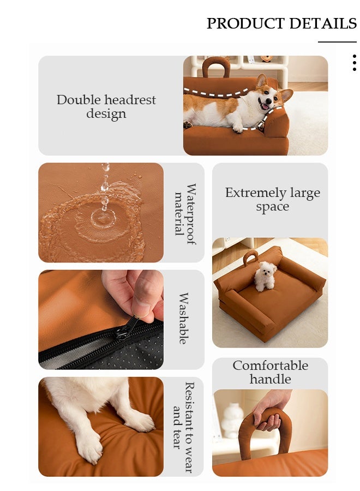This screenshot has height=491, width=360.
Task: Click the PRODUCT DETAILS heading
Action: pyautogui.click(x=281, y=23)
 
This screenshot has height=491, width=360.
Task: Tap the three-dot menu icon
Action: pyautogui.click(x=354, y=63)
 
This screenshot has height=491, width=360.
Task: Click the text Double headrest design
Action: pyautogui.click(x=106, y=107)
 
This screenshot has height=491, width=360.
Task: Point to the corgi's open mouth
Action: pyautogui.click(x=267, y=105)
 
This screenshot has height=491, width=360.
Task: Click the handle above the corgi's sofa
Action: pyautogui.click(x=216, y=67)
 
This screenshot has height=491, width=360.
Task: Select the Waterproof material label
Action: pyautogui.click(x=184, y=214)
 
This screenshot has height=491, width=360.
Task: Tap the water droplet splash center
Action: pyautogui.click(x=103, y=218)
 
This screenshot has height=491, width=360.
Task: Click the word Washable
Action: pyautogui.click(x=184, y=319)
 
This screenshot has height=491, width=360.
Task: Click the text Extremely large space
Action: pyautogui.click(x=272, y=200)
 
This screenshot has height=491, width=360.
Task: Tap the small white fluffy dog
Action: pyautogui.click(x=266, y=276)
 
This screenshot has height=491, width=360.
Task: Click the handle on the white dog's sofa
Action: pyautogui.click(x=250, y=257)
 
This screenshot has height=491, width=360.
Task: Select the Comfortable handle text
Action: pyautogui.click(x=271, y=372)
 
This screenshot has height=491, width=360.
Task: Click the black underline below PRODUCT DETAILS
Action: pyautogui.click(x=337, y=41)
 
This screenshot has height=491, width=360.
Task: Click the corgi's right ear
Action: pyautogui.click(x=285, y=95)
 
